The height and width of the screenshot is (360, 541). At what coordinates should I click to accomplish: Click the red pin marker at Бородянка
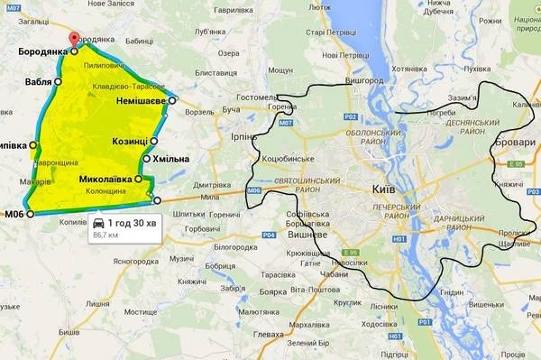[74, 41]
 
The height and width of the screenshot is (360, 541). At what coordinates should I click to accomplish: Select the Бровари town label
[520, 143]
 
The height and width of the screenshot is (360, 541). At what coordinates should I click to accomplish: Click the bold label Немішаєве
[141, 101]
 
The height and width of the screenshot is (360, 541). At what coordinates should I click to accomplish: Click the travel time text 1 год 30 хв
[133, 222]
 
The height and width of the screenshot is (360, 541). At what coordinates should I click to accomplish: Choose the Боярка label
[272, 291]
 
